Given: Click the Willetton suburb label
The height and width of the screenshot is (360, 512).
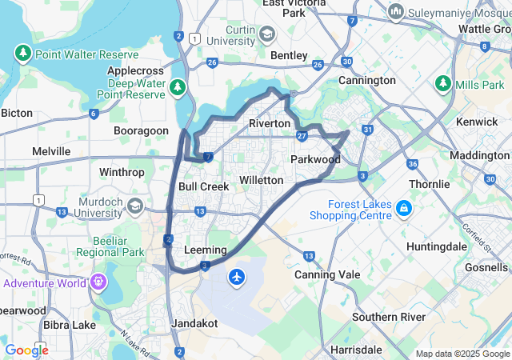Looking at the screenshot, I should pyautogui.click(x=262, y=180).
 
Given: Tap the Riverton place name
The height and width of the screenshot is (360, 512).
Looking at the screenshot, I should pyautogui.click(x=270, y=124).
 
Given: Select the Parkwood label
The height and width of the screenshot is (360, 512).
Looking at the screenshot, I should pyautogui.click(x=315, y=159).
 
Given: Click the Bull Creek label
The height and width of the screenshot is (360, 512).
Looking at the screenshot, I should pyautogui.click(x=203, y=186).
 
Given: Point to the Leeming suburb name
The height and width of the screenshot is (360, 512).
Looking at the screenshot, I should pyautogui.click(x=206, y=250).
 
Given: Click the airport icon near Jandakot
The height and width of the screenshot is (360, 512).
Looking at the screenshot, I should pyautogui.click(x=237, y=277).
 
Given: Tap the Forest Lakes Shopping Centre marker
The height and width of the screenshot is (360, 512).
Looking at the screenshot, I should pyautogui.click(x=405, y=209).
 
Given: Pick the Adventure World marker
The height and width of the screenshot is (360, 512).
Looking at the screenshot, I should pyautogui.click(x=98, y=282).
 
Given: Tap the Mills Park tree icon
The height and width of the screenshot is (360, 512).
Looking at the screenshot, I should pyautogui.click(x=443, y=84).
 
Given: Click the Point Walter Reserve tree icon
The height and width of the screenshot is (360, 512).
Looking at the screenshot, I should pyautogui.click(x=22, y=54).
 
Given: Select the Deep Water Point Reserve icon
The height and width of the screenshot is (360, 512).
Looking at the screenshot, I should pyautogui.click(x=178, y=86).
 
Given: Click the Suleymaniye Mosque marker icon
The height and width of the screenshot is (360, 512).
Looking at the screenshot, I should pyautogui.click(x=395, y=13).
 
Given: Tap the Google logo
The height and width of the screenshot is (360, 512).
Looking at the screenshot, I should pyautogui.click(x=26, y=350).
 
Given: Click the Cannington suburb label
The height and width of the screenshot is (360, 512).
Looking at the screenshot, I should pyautogui.click(x=367, y=81).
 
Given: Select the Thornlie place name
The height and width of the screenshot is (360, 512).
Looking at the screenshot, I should pyautogui.click(x=429, y=184).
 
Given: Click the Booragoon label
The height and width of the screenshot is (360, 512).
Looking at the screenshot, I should pyautogui.click(x=141, y=130).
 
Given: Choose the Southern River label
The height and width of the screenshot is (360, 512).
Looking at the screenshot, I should pyautogui.click(x=389, y=317).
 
